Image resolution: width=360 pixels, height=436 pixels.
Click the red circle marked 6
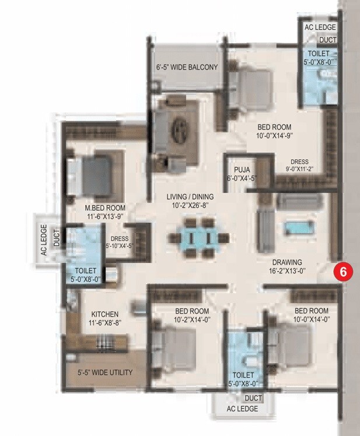tap(344, 271)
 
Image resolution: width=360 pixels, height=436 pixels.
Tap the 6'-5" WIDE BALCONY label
tap(187, 67)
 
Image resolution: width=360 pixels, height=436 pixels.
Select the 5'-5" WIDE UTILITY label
tap(105, 372)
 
